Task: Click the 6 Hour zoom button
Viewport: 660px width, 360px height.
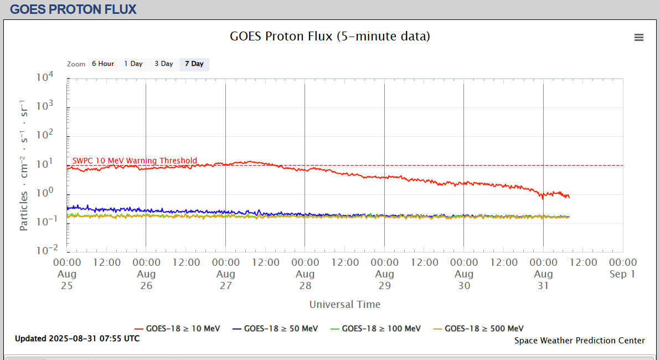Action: tap(102, 64)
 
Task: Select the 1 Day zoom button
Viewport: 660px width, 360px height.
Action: tap(133, 64)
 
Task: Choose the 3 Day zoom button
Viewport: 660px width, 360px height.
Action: tap(163, 64)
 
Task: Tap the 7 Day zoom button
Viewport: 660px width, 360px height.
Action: tap(194, 64)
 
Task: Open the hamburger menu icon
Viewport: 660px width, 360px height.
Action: tap(639, 38)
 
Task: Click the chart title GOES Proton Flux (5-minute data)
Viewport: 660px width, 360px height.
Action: tap(330, 37)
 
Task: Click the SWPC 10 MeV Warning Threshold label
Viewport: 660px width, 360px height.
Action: tap(135, 161)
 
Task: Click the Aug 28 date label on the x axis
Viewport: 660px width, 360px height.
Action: tap(305, 280)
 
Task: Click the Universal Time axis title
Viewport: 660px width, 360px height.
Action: tap(344, 304)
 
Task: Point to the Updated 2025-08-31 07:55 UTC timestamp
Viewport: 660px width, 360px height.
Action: tap(77, 338)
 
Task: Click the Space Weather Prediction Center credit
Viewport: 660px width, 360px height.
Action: tap(579, 341)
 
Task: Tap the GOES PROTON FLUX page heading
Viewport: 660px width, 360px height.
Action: tap(73, 9)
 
